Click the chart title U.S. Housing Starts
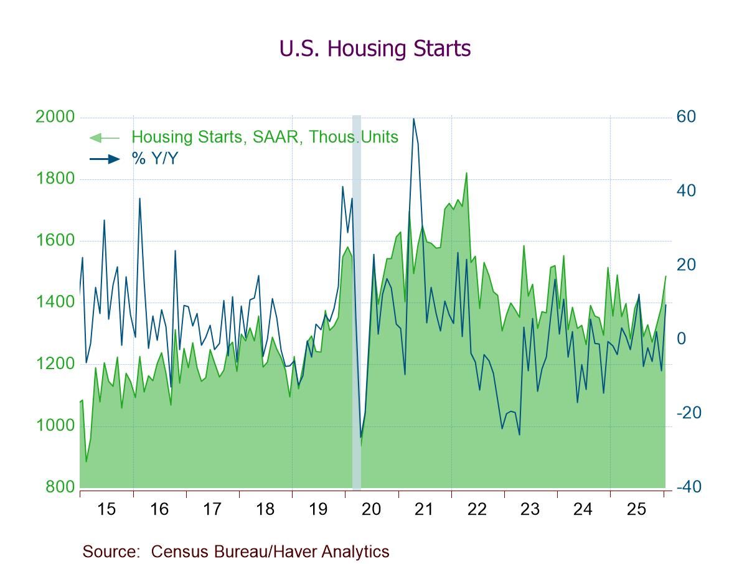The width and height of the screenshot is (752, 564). pyautogui.click(x=375, y=49)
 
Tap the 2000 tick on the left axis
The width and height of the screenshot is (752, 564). pyautogui.click(x=55, y=117)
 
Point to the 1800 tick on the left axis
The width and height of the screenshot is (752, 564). pyautogui.click(x=55, y=179)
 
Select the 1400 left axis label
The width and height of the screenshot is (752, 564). pyautogui.click(x=55, y=303)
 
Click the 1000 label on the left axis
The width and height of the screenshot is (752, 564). pyautogui.click(x=55, y=426)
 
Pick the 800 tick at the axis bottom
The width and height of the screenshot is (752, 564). pyautogui.click(x=60, y=487)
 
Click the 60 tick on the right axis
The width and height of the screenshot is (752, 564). pyautogui.click(x=686, y=117)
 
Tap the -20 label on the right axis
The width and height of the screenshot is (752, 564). pyautogui.click(x=689, y=413)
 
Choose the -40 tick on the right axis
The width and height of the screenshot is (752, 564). pyautogui.click(x=689, y=487)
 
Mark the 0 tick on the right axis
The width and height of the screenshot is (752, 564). pyautogui.click(x=681, y=339)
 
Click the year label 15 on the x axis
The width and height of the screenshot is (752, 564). pyautogui.click(x=106, y=509)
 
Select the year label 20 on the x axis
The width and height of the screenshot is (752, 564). pyautogui.click(x=371, y=509)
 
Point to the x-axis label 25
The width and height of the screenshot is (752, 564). pyautogui.click(x=636, y=509)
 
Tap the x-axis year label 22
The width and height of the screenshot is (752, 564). pyautogui.click(x=477, y=509)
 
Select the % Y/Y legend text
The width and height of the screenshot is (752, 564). pyautogui.click(x=154, y=159)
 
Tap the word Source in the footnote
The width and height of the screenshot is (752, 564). pyautogui.click(x=110, y=552)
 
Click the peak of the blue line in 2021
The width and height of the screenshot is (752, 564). pyautogui.click(x=413, y=118)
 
